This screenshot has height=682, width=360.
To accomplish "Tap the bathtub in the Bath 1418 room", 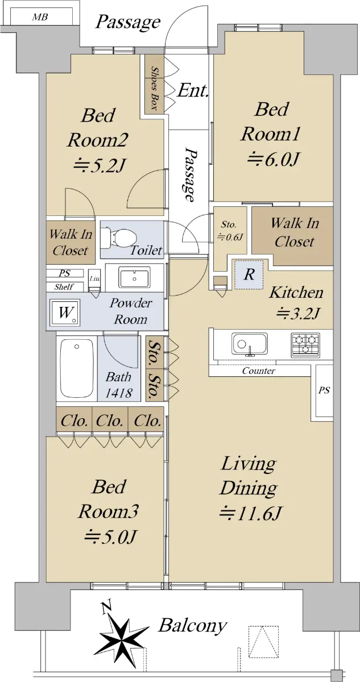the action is [77, 368].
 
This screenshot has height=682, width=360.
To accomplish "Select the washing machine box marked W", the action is [65, 313].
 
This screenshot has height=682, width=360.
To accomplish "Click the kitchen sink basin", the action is [250, 344].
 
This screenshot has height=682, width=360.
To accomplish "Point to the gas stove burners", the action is [305, 344].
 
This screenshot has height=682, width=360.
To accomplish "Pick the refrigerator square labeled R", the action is [249, 275].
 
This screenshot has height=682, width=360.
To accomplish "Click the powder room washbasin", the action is [134, 277].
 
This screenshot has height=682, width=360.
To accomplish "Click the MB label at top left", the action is [40, 17].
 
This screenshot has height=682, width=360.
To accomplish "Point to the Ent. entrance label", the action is [193, 90].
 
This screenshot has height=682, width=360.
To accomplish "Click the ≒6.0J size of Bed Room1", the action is [272, 160].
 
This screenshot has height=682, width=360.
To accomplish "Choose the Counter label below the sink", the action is [259, 371].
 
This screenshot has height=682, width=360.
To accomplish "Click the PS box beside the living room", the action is [324, 390].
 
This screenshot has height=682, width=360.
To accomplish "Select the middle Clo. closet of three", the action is [110, 420].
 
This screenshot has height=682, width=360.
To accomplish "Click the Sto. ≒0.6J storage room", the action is [229, 231].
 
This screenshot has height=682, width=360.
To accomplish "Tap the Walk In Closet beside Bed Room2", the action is [71, 242].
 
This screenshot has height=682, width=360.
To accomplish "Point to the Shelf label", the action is [64, 287].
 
